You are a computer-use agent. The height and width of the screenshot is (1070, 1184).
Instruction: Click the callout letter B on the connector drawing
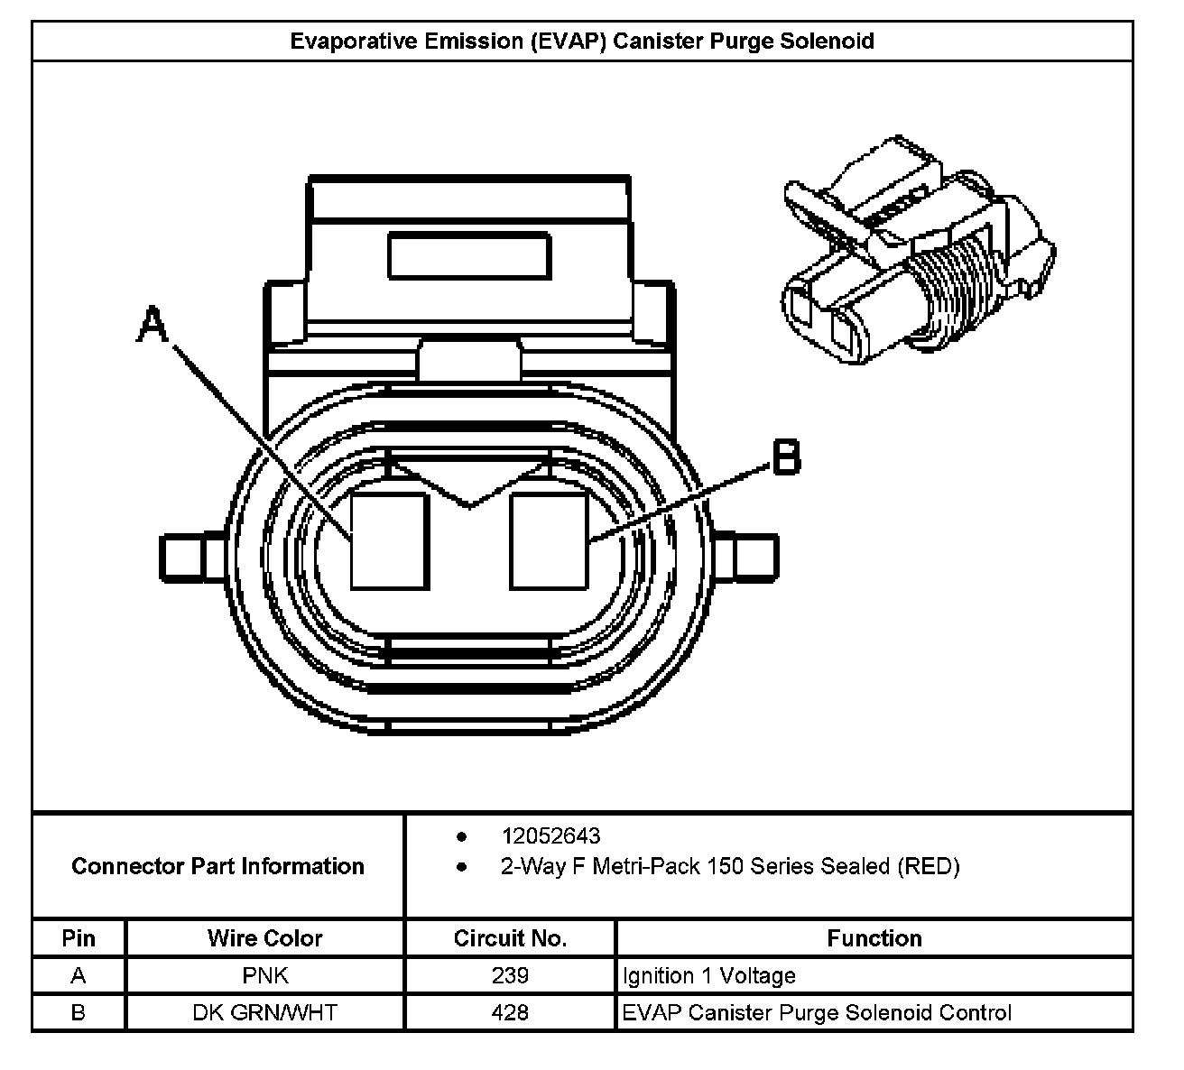(786, 457)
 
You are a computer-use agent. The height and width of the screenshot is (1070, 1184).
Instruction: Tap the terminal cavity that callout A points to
(389, 541)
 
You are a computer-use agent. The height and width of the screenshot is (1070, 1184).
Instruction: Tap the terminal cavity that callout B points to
(549, 541)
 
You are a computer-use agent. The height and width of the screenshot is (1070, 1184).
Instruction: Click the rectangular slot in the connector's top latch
(468, 255)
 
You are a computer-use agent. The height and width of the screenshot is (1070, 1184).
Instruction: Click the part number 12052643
(550, 836)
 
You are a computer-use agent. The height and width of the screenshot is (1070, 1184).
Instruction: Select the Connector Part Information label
(217, 866)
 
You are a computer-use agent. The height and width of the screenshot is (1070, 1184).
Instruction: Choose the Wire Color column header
(264, 938)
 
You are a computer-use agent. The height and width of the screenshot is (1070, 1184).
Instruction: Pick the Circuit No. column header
(510, 938)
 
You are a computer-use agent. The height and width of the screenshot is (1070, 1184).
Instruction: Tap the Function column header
(874, 938)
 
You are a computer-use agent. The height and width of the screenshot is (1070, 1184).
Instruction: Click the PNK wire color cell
(264, 975)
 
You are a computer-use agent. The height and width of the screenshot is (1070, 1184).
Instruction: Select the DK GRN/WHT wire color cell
(264, 1012)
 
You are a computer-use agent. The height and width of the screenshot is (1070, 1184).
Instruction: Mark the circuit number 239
(510, 975)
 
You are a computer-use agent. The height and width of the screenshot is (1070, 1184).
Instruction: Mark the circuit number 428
(510, 1012)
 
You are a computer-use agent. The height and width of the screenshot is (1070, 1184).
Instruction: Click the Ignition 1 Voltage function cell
(708, 975)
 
